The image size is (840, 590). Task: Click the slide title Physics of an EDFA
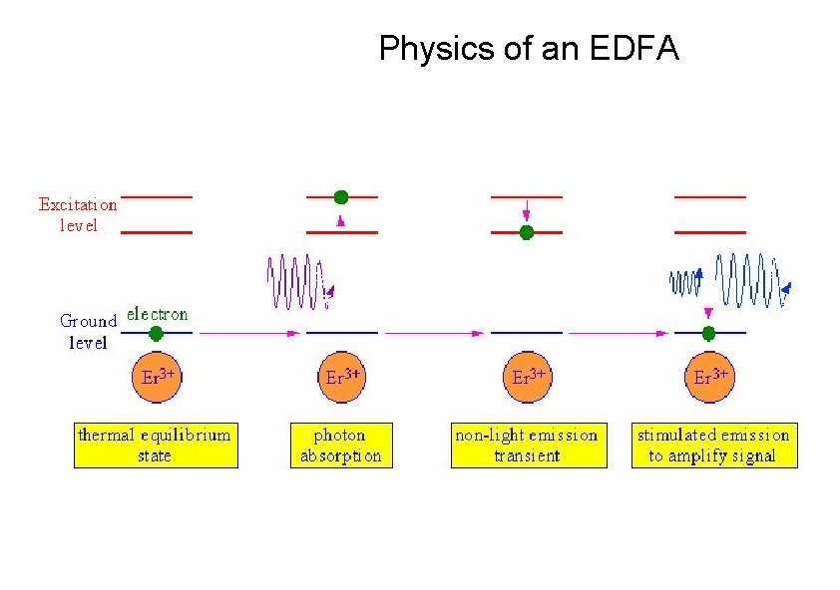pyautogui.click(x=529, y=48)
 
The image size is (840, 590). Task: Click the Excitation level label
pyautogui.click(x=78, y=214)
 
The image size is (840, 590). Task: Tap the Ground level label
pyautogui.click(x=89, y=332)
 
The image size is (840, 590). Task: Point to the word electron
pyautogui.click(x=158, y=314)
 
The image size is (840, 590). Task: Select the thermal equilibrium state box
pyautogui.click(x=157, y=445)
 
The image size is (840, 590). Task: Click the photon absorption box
pyautogui.click(x=340, y=445)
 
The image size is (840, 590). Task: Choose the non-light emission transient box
pyautogui.click(x=528, y=445)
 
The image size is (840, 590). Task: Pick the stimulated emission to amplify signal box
pyautogui.click(x=712, y=445)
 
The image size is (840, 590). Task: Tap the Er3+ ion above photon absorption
pyautogui.click(x=343, y=378)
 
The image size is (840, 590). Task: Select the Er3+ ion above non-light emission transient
pyautogui.click(x=528, y=378)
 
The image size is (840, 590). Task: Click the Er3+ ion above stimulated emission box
pyautogui.click(x=710, y=378)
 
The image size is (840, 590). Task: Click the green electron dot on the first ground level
pyautogui.click(x=156, y=333)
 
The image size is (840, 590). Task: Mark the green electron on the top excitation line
pyautogui.click(x=342, y=197)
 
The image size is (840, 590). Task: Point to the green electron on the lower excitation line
pyautogui.click(x=527, y=232)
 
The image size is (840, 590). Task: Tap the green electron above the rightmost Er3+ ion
pyautogui.click(x=709, y=333)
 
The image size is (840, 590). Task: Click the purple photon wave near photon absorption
pyautogui.click(x=296, y=280)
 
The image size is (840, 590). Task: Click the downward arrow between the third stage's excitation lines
pyautogui.click(x=527, y=212)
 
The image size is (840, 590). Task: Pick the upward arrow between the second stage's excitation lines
pyautogui.click(x=342, y=219)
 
